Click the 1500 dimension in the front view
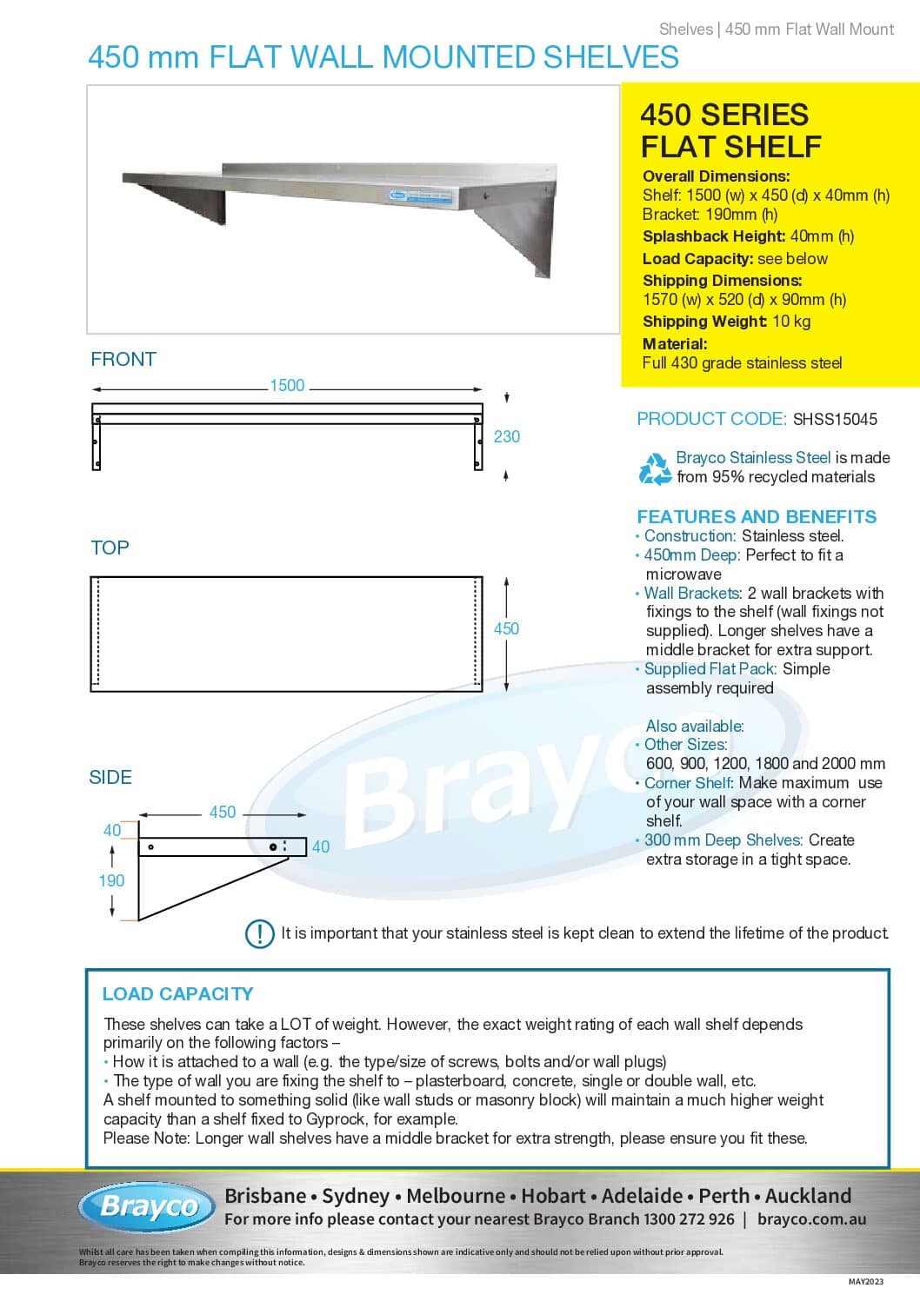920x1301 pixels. (x=287, y=385)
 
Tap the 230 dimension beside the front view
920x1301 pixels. (x=507, y=436)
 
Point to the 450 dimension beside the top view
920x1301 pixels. (x=506, y=627)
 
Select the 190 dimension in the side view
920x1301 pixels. (x=111, y=880)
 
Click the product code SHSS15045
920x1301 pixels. (x=835, y=419)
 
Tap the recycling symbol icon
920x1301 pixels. (x=655, y=468)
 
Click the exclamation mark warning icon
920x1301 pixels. (x=260, y=933)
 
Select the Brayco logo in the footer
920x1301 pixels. (x=148, y=1206)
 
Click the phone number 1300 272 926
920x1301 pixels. (x=689, y=1219)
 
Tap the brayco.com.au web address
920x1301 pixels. (x=811, y=1219)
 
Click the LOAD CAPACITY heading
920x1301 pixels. (x=177, y=993)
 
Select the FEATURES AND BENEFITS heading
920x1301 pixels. (x=757, y=516)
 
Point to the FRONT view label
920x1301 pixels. (x=123, y=359)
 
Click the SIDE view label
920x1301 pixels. (x=110, y=777)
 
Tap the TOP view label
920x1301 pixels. (x=110, y=548)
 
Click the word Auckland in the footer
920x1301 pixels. (x=808, y=1196)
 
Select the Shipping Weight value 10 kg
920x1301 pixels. (x=791, y=322)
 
